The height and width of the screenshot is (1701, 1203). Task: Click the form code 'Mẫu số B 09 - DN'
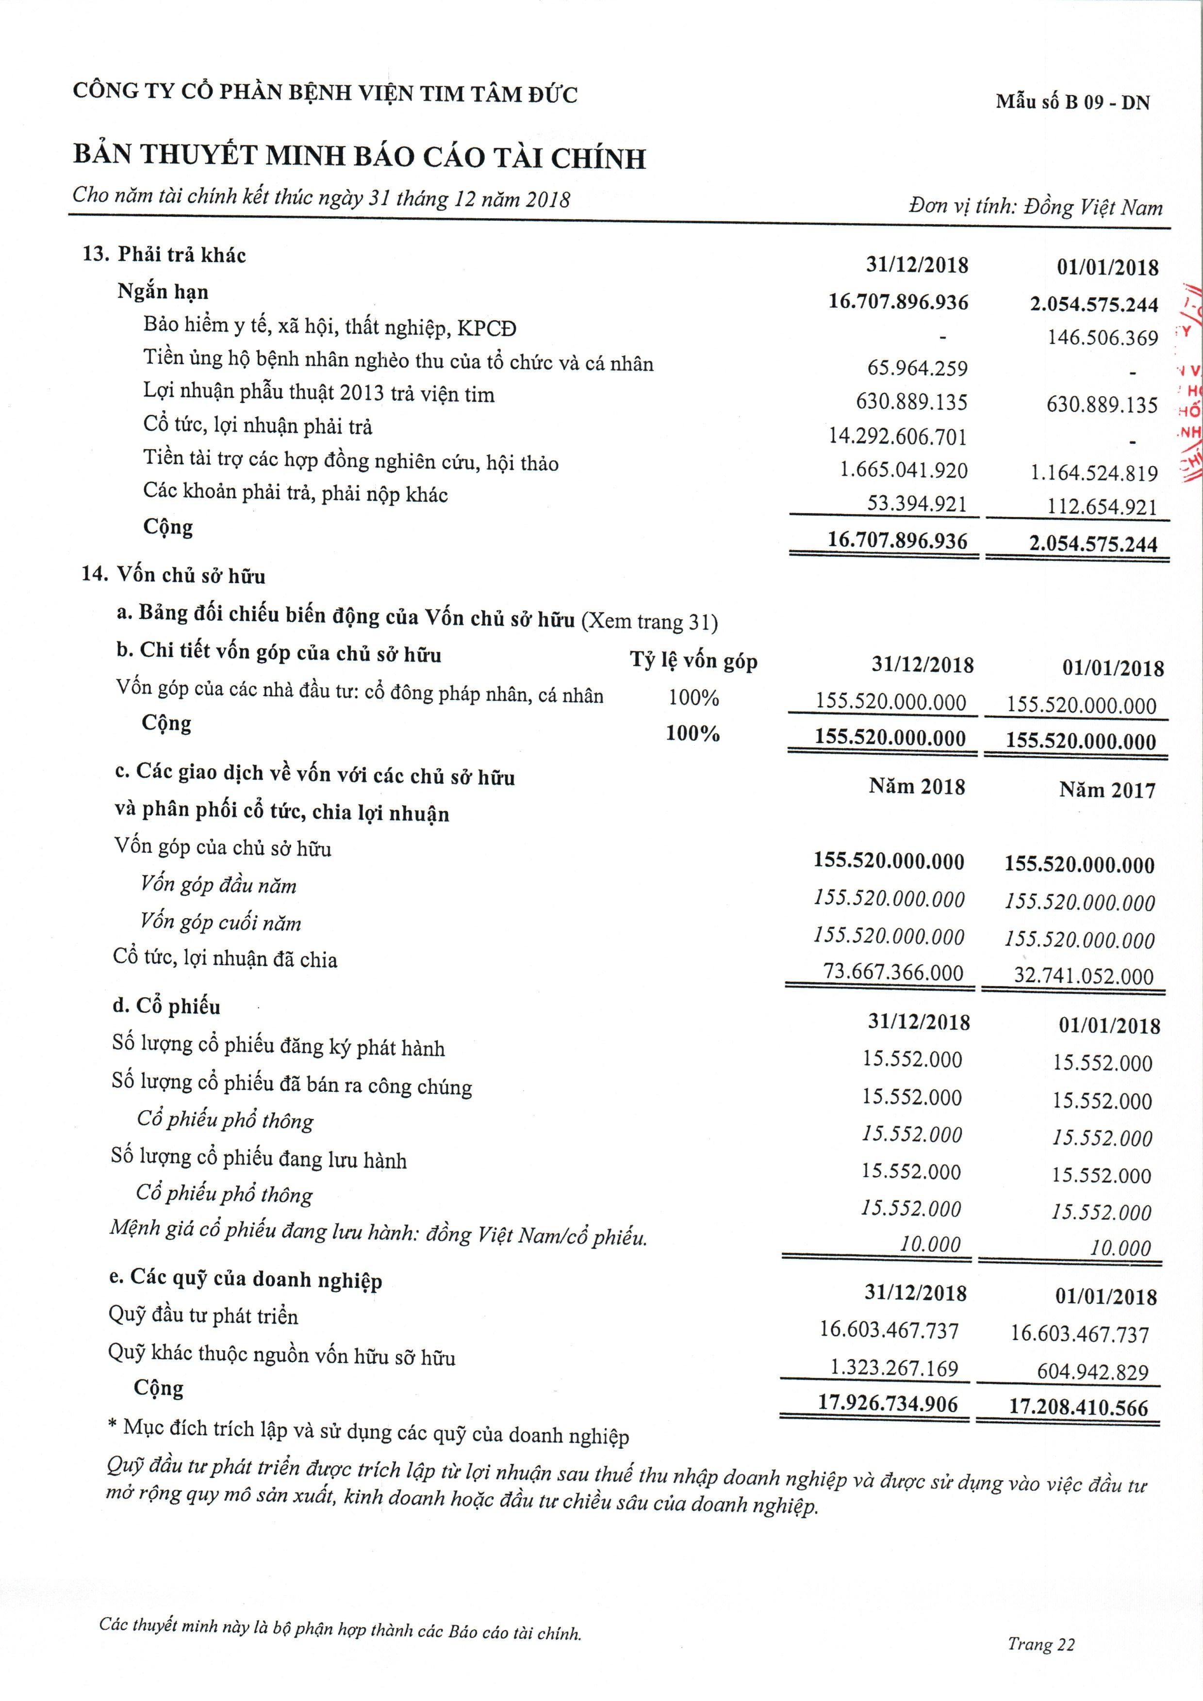pyautogui.click(x=1072, y=102)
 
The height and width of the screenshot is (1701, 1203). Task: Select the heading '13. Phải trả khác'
pyautogui.click(x=164, y=256)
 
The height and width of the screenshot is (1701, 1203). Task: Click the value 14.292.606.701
pyautogui.click(x=898, y=437)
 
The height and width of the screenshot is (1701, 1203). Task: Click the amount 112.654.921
pyautogui.click(x=1102, y=507)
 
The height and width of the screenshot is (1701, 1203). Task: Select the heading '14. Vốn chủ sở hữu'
pyautogui.click(x=173, y=576)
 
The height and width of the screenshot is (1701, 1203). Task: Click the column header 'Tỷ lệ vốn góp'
pyautogui.click(x=694, y=661)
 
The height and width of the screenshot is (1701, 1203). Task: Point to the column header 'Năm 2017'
pyautogui.click(x=1106, y=791)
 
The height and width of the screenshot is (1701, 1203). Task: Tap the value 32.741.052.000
pyautogui.click(x=1084, y=976)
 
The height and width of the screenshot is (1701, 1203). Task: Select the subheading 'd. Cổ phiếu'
pyautogui.click(x=167, y=1006)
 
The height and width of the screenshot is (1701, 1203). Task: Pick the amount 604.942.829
pyautogui.click(x=1092, y=1372)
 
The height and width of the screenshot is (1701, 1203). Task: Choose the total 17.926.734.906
pyautogui.click(x=888, y=1403)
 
